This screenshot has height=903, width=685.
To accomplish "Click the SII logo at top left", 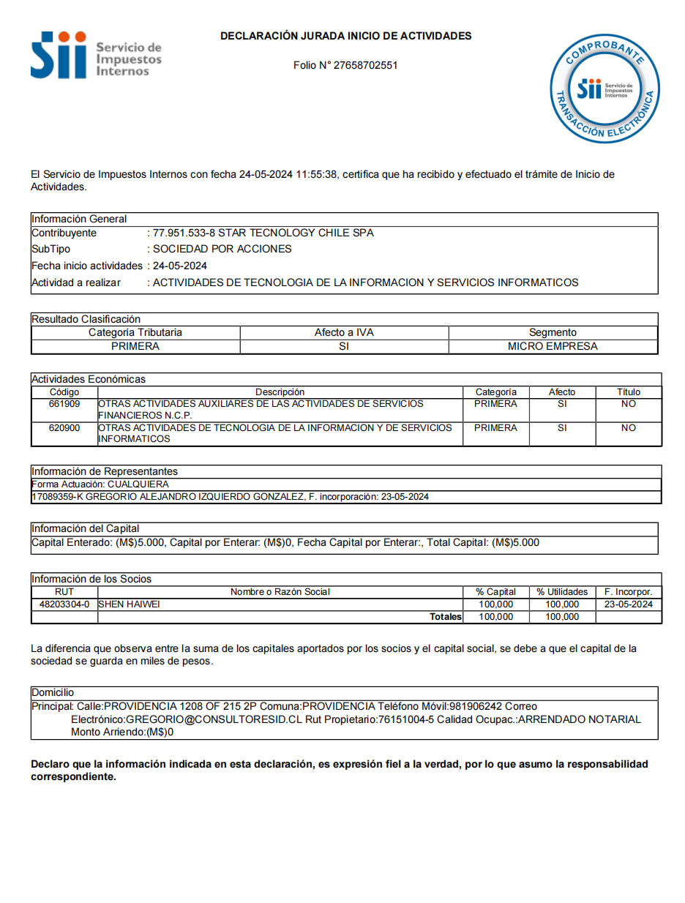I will [95, 55].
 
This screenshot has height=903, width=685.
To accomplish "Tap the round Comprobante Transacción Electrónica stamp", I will [605, 89].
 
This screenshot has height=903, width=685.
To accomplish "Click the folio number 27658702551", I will [365, 65].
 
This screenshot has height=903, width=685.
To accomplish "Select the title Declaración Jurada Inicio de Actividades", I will [345, 36].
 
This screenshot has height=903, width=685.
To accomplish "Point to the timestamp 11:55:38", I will [317, 174].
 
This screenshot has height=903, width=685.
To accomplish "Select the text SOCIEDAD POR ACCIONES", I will [222, 249].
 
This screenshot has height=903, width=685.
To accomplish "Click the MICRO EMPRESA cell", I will [553, 346].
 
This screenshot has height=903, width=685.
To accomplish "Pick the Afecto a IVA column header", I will [344, 332].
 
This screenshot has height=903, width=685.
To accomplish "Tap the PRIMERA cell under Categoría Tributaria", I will [135, 346].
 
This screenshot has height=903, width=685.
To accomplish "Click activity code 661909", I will [64, 404].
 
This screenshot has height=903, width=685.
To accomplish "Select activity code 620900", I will [64, 427].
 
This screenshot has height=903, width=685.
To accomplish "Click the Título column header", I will [628, 392].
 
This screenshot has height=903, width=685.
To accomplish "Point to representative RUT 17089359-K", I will [58, 497].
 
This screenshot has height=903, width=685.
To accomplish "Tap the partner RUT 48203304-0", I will [64, 604].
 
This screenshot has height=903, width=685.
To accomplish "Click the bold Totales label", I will [446, 617].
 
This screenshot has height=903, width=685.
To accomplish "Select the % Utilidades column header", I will [562, 591].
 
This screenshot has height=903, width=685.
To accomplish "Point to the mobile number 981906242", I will [475, 706].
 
